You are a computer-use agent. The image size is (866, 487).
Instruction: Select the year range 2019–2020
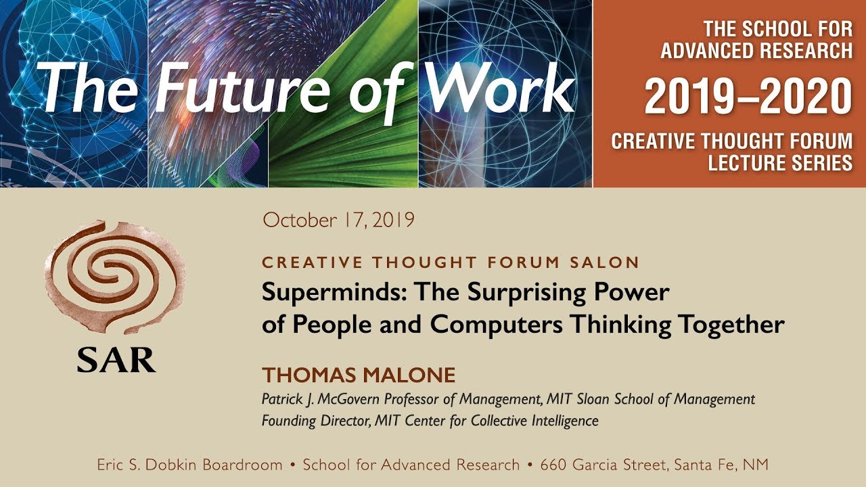748,96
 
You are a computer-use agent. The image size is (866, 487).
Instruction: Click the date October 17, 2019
338,220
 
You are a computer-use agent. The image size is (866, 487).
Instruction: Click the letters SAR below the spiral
116,360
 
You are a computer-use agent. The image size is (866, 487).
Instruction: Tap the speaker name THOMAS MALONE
359,375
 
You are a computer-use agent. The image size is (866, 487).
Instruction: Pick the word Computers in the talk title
498,325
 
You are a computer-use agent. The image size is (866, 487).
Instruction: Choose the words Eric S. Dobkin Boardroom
189,465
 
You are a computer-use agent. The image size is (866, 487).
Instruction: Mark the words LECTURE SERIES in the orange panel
780,162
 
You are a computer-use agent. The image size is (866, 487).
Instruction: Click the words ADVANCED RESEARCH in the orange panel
756,50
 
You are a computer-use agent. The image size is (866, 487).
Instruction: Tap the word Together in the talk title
734,325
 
